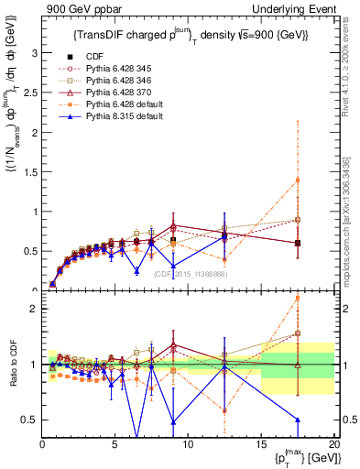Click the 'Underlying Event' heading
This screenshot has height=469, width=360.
(291, 9)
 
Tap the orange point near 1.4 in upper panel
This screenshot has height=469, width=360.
(298, 180)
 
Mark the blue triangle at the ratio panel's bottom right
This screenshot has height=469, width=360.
(298, 420)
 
